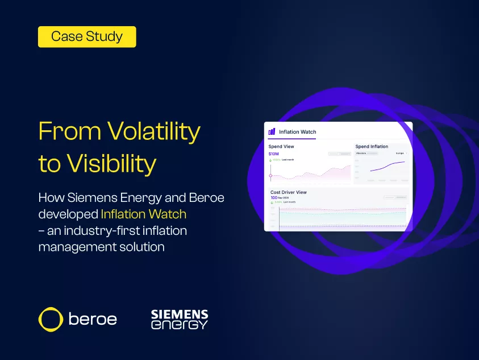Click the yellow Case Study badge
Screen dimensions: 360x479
87,37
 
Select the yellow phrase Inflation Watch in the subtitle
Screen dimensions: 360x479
143,214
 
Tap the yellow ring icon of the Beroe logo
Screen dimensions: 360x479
50,319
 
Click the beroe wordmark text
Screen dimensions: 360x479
93,319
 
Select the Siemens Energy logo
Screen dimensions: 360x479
179,320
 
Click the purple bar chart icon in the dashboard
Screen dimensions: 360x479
272,131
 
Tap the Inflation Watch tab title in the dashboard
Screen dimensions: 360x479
297,132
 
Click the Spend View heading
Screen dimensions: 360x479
281,147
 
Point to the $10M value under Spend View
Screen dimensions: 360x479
274,154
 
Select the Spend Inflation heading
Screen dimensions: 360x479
372,147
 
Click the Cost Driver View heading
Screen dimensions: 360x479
288,192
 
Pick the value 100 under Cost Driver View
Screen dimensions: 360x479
273,197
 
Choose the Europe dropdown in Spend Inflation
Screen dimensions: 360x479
401,153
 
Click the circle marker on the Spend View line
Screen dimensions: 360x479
270,175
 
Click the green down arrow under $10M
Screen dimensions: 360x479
270,160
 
